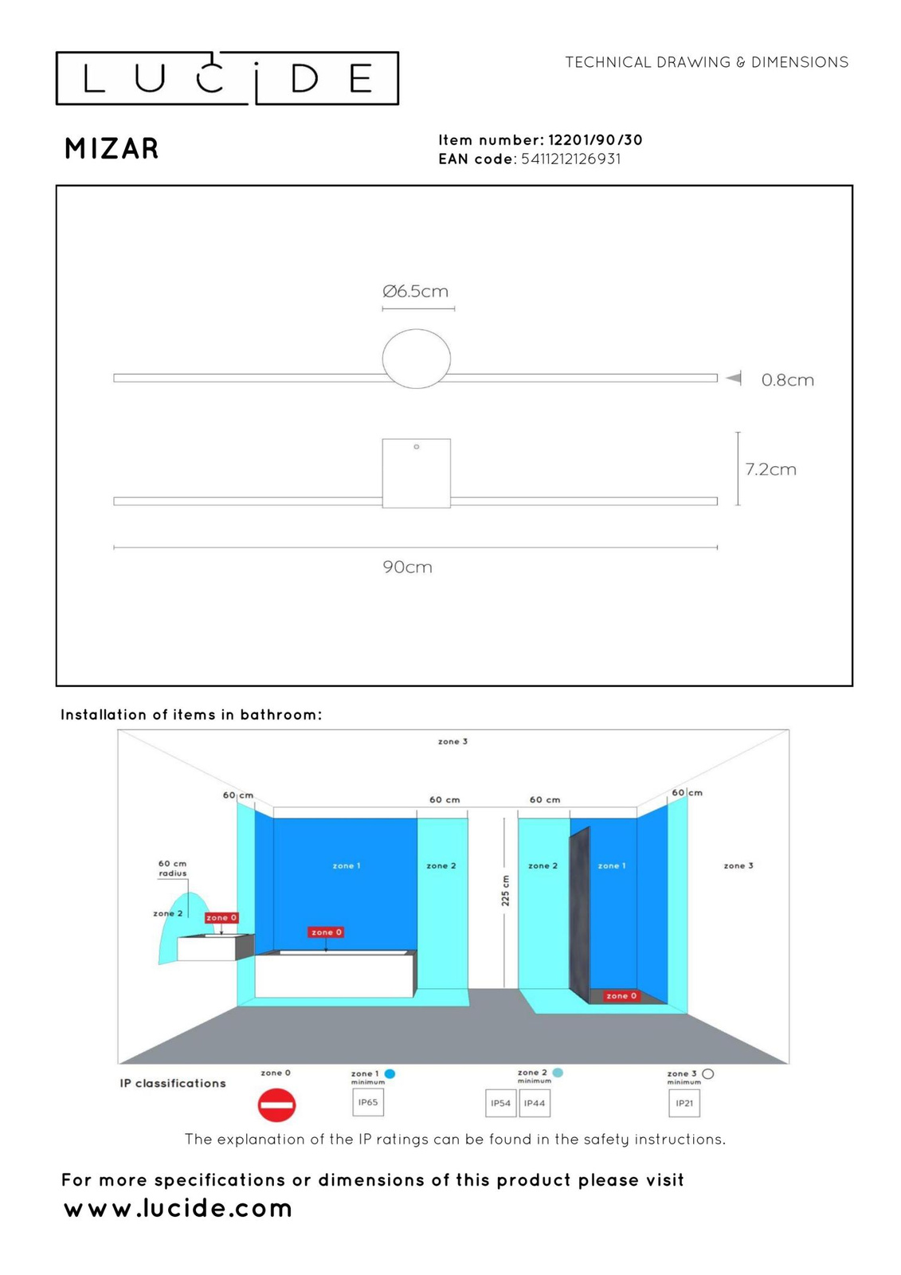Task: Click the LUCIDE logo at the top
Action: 227,78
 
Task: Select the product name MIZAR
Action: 112,149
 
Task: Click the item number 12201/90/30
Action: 595,140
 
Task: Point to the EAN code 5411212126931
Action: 570,159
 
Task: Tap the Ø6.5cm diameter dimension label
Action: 415,292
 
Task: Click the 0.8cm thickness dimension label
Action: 787,380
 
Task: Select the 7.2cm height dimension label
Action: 770,469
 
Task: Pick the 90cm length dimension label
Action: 407,567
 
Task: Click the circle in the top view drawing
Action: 416,359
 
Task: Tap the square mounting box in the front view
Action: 416,473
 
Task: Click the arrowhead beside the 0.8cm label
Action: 734,378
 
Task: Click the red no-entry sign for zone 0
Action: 276,1104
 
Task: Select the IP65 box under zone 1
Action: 368,1103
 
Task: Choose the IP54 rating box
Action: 500,1104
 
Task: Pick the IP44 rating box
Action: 535,1104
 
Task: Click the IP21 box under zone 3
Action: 684,1104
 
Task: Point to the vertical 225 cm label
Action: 505,890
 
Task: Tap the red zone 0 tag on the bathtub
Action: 326,932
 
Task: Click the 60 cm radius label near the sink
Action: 172,868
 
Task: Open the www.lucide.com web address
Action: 178,1208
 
